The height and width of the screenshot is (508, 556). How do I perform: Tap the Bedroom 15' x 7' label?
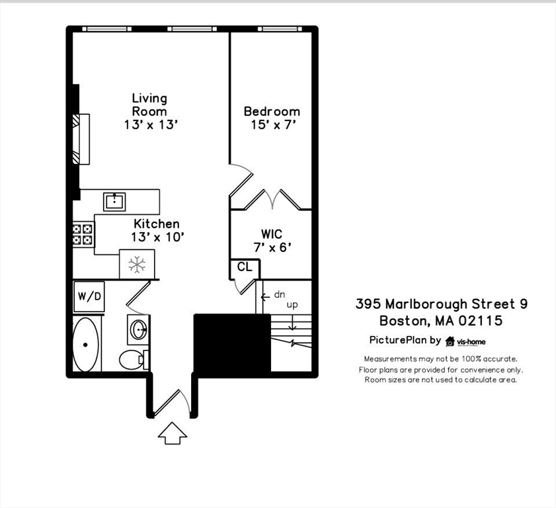(x=272, y=118)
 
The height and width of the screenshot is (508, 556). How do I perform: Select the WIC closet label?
(x=272, y=241)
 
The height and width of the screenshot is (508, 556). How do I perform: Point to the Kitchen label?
(x=157, y=230)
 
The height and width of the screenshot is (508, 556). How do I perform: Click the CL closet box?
(x=245, y=267)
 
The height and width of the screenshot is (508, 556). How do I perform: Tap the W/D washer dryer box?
(x=89, y=296)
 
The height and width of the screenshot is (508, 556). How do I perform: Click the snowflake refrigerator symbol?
(x=137, y=265)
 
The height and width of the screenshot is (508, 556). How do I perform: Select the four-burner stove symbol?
(x=83, y=234)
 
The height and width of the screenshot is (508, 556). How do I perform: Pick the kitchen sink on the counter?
(x=114, y=201)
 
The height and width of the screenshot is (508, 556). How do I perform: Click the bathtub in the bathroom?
(x=86, y=344)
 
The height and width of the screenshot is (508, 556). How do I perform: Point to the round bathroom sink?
(x=138, y=329)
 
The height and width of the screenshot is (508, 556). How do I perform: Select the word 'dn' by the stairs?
(x=280, y=295)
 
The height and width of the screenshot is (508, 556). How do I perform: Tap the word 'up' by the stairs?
(x=292, y=305)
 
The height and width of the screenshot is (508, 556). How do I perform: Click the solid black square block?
(x=232, y=343)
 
